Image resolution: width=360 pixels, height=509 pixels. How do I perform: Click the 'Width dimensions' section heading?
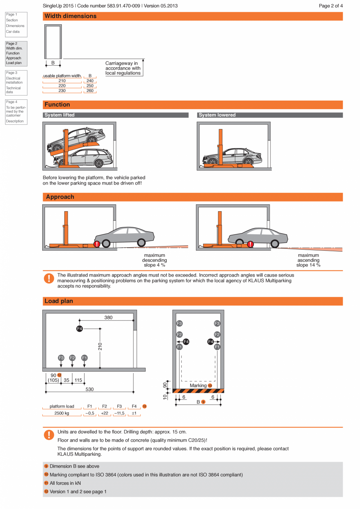(70, 16)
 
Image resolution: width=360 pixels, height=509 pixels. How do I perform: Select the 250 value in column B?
(90, 86)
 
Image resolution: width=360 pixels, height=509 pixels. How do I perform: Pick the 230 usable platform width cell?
(62, 91)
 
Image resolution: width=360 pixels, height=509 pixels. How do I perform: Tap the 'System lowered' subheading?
(217, 115)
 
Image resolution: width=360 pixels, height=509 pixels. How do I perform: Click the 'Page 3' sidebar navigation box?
(16, 83)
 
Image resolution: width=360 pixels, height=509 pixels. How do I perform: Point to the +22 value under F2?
(104, 414)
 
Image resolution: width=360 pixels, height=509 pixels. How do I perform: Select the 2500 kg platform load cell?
(62, 414)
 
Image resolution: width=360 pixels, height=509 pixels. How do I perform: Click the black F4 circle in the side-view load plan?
(79, 329)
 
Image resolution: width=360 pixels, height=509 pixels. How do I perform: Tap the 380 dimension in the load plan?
(108, 318)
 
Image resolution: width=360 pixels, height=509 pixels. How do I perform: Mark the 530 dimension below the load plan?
(90, 389)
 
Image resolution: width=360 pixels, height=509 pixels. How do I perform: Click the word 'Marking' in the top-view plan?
(198, 386)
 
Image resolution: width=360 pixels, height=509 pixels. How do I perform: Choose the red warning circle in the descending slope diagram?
(97, 245)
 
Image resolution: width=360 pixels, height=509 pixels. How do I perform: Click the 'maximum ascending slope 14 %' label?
(308, 260)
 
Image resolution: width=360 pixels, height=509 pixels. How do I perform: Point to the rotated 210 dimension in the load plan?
(100, 346)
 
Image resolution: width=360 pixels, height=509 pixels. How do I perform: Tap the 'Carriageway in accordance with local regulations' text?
(123, 68)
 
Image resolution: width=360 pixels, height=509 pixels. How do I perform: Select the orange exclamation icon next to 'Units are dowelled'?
(49, 435)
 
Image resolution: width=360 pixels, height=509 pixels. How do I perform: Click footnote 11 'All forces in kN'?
(65, 483)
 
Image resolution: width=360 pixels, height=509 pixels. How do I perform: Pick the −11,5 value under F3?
(119, 414)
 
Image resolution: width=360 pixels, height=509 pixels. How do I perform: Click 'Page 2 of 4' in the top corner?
(331, 6)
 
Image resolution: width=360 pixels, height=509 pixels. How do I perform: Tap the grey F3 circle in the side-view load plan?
(61, 358)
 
